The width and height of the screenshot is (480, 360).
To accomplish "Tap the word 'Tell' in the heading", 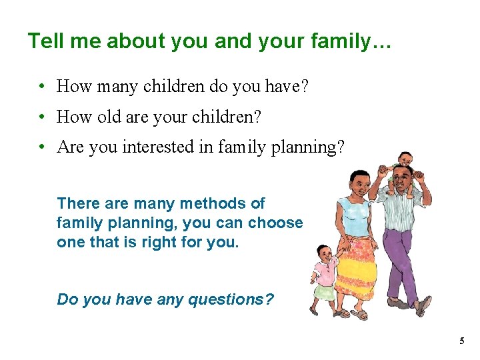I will tap(45, 41).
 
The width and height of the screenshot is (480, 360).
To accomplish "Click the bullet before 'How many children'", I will tap(41, 87).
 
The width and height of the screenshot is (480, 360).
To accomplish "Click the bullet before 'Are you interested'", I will tap(41, 147).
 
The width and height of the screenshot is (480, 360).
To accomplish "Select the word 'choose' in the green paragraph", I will tap(275, 223).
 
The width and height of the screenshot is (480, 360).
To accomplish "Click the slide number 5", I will tap(461, 341).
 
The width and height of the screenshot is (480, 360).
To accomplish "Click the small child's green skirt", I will tap(325, 292).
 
